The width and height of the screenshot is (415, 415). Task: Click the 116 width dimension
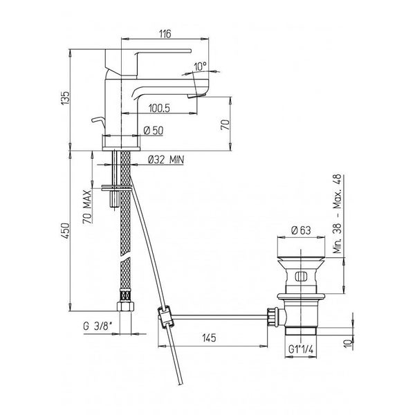[x=165, y=34]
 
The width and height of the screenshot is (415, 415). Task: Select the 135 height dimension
[x=65, y=98]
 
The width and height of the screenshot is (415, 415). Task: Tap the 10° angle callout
[x=201, y=66]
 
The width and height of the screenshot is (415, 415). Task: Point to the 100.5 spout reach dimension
[x=159, y=109]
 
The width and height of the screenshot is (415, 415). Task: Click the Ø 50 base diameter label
[x=154, y=131]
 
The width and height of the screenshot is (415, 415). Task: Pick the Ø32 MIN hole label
[x=166, y=160]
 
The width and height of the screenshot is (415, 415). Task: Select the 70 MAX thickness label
[x=88, y=206]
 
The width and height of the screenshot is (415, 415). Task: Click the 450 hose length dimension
[x=66, y=231]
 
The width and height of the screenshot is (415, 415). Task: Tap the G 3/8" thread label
[x=98, y=326]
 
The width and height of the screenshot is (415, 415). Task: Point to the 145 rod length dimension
[x=209, y=338]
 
